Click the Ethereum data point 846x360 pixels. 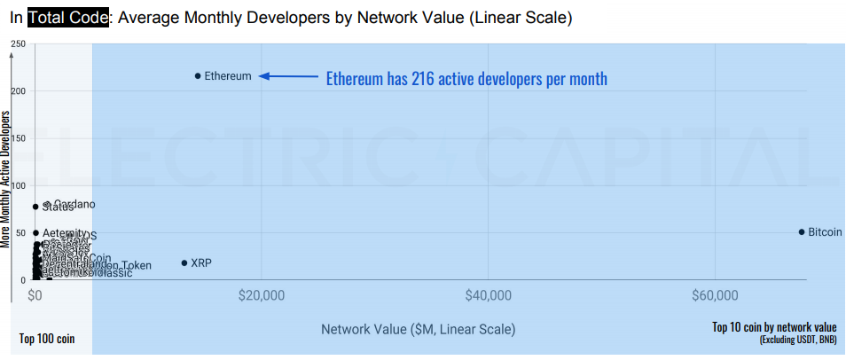coord(198,76)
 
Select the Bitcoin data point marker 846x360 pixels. coord(802,232)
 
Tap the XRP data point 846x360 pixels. coord(184,263)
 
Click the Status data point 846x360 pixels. coord(35,207)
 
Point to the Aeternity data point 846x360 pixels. coord(35,233)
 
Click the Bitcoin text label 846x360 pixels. coord(826,232)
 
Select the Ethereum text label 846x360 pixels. coord(228,76)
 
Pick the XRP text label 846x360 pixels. coord(201,263)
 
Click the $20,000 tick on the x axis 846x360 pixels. coord(262,295)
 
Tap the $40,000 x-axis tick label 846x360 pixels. coord(489,295)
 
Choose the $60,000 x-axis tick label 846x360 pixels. coord(715,295)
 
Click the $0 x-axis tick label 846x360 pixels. coord(35,295)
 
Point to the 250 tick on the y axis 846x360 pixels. coord(18,44)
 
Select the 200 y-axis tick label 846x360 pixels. coord(18,91)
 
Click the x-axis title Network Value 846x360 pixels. coord(418,329)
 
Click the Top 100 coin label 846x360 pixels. coord(47,339)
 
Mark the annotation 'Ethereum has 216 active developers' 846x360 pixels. coord(466,79)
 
